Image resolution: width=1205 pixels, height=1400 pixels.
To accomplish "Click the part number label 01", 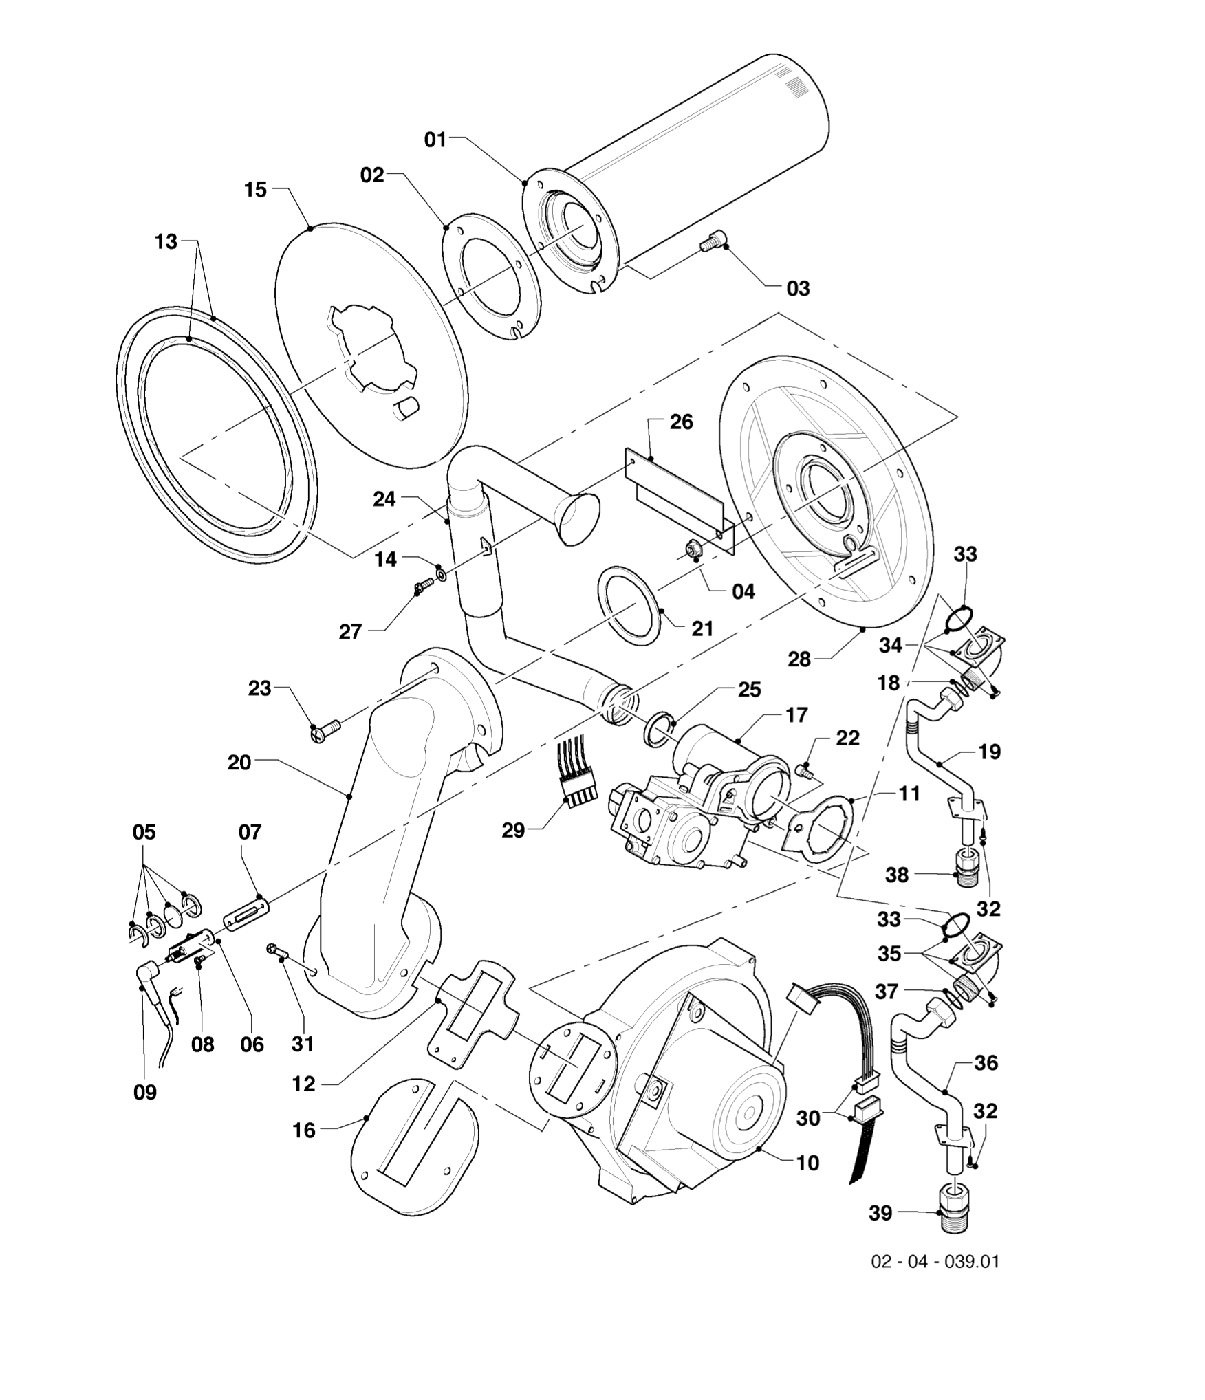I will point(435,140).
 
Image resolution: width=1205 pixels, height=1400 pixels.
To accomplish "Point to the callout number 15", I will point(255,190).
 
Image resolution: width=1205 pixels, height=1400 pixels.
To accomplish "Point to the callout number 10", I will point(807,1163).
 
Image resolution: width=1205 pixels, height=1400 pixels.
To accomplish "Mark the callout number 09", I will point(145,1092).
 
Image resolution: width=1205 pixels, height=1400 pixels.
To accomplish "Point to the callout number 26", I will point(681,422).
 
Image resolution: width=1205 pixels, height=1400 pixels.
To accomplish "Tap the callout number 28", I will point(799,659).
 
